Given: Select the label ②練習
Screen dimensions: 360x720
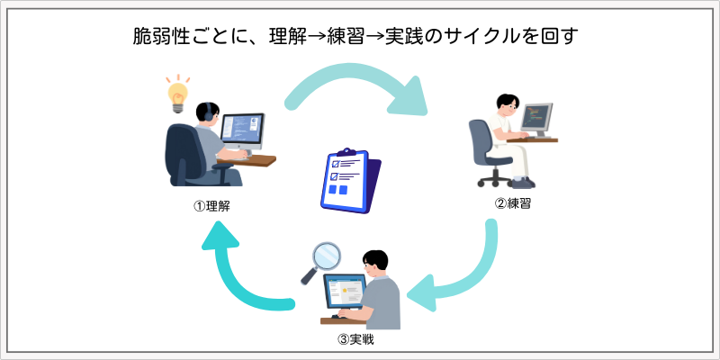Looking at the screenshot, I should tap(512, 202).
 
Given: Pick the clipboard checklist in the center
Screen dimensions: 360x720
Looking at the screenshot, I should tap(350, 180).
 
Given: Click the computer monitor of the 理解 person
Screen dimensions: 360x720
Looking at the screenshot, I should tap(243, 131).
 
